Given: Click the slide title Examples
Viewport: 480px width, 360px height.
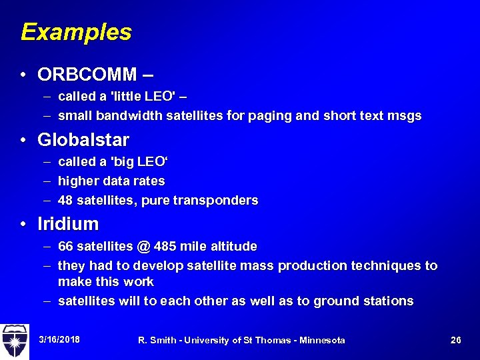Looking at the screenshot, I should (x=76, y=32).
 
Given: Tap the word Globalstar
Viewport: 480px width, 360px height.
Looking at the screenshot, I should (x=83, y=140).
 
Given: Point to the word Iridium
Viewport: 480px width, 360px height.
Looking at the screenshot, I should (x=68, y=224).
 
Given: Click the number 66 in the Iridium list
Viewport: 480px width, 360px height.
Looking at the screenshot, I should (x=66, y=247).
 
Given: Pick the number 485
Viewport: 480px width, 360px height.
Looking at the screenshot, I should (x=165, y=247).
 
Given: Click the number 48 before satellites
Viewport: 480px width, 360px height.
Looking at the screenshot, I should (x=66, y=201).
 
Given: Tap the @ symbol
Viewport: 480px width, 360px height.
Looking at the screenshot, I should (x=143, y=247).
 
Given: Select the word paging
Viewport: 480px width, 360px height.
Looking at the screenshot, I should (x=270, y=116).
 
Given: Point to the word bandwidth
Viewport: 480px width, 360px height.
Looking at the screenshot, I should (x=128, y=116).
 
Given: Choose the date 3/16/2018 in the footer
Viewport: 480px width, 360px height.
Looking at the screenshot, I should (x=59, y=340).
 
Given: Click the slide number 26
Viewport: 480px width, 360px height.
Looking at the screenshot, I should (x=456, y=340).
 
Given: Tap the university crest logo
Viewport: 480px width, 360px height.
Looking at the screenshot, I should (x=15, y=340).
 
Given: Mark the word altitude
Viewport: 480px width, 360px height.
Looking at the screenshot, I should (x=233, y=247).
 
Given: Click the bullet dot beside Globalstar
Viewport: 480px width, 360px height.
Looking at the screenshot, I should (x=23, y=141).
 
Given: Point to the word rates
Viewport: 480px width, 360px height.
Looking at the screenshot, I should (x=150, y=181).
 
